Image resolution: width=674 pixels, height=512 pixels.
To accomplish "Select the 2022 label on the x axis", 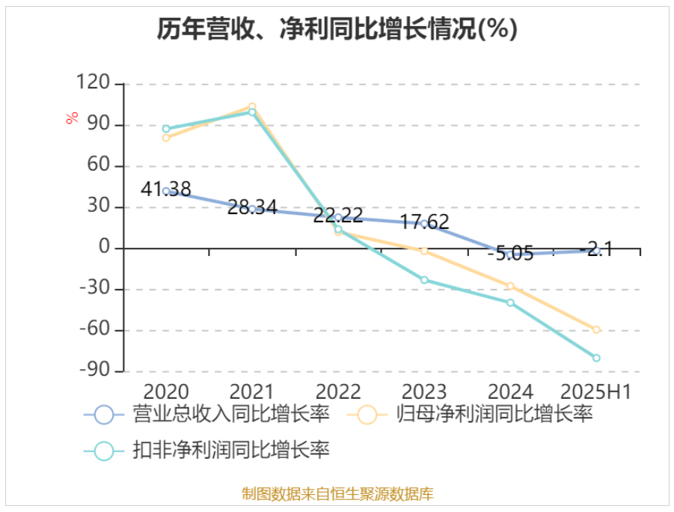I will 339,391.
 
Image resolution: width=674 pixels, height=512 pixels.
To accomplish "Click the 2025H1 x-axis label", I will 597,391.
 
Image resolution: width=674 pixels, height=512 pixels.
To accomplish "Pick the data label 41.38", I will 166,189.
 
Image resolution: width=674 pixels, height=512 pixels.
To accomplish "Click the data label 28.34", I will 253,207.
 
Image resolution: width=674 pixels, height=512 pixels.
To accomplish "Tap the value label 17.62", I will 425,222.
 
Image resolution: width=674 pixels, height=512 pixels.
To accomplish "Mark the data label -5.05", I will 510,254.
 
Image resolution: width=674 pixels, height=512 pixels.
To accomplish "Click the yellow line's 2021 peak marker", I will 252,106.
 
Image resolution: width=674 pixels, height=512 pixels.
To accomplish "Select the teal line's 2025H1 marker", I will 596,358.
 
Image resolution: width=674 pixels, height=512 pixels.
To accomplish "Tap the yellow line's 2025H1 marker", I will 596,329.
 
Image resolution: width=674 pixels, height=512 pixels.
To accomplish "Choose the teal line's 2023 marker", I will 424,280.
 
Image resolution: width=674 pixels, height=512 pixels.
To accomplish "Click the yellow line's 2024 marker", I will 510,286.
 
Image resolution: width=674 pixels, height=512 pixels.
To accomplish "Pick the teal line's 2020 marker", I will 166,129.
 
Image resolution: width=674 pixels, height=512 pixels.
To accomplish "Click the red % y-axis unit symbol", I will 72,118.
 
